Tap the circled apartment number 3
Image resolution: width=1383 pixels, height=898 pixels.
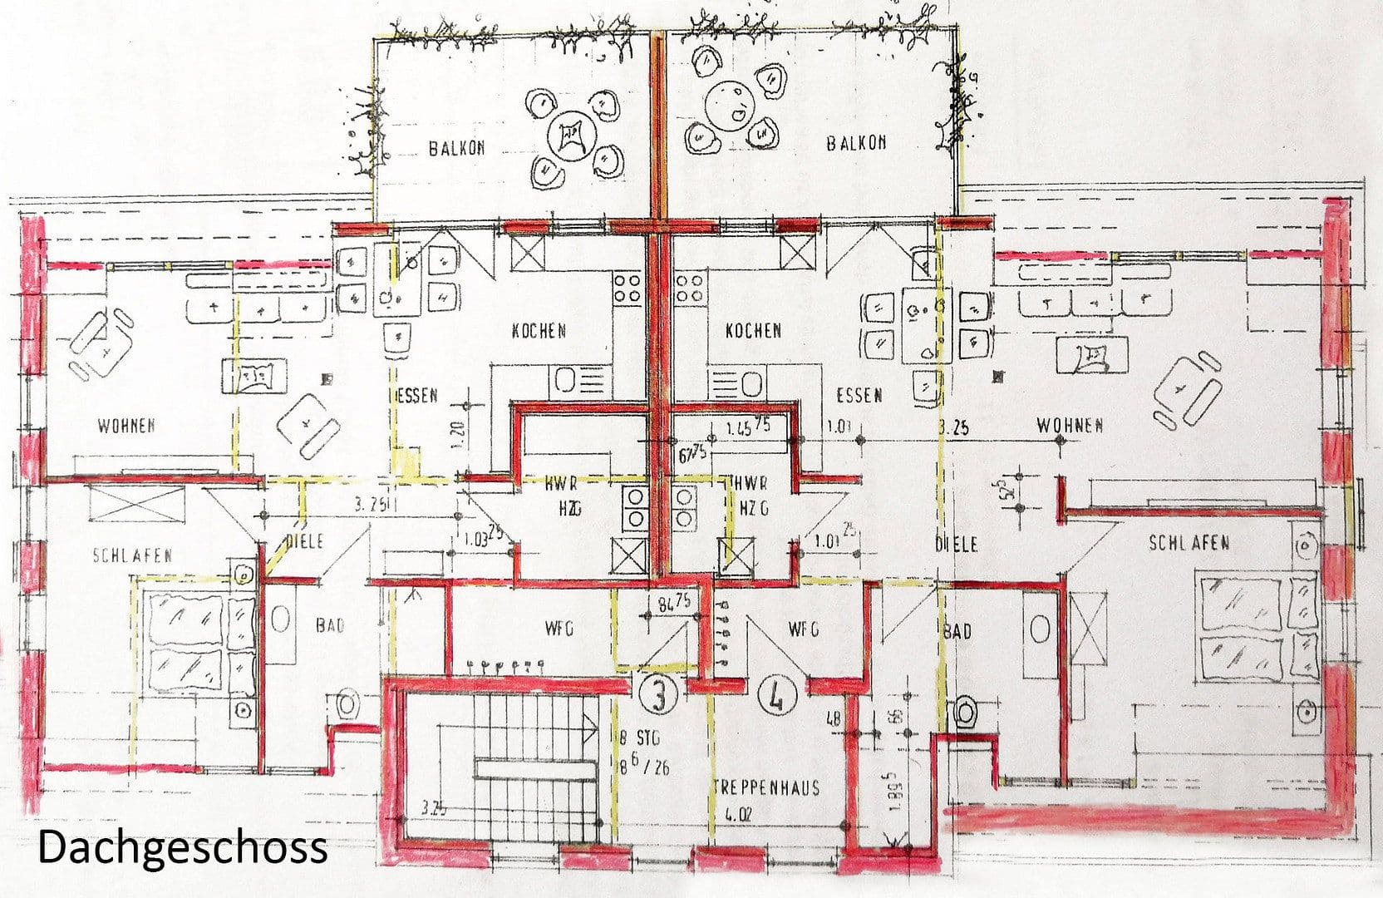(658, 694)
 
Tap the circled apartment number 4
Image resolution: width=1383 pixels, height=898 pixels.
(777, 695)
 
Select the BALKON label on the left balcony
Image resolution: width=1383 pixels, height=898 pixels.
(456, 149)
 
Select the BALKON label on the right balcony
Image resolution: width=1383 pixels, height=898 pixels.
(856, 143)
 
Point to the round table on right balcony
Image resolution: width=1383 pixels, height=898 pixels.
(729, 106)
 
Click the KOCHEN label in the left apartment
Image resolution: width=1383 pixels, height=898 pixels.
(539, 331)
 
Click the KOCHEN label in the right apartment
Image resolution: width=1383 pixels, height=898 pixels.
(753, 331)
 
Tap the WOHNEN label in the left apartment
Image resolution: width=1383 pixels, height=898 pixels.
(126, 427)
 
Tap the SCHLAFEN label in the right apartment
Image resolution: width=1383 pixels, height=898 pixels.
(1189, 543)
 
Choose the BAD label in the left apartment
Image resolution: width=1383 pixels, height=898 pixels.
(330, 625)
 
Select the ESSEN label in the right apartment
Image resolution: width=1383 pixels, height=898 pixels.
(859, 395)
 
